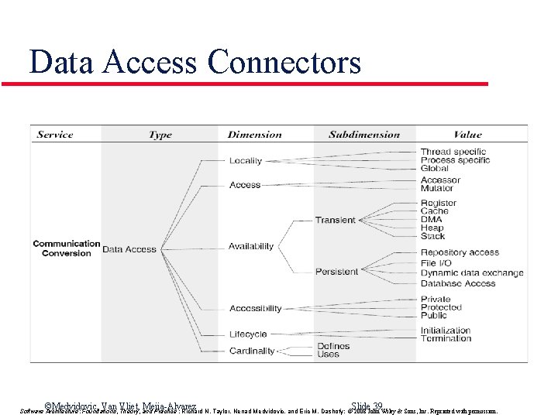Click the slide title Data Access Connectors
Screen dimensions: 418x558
[x=195, y=62]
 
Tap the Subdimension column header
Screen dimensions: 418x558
[x=364, y=135]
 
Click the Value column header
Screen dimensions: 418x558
[x=467, y=135]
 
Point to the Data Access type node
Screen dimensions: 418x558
[x=129, y=249]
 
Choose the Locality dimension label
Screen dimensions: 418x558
[x=246, y=161]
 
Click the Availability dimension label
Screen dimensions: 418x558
[x=251, y=246]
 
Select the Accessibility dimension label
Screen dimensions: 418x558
[x=256, y=308]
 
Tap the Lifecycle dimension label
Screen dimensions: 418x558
[x=248, y=334]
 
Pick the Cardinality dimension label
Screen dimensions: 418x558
[x=252, y=351]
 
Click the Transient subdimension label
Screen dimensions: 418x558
[x=335, y=220]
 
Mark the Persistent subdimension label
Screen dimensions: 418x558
[x=336, y=272]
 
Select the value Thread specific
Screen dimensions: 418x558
[x=453, y=152]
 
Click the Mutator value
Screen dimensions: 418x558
[x=437, y=188]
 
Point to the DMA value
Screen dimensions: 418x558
[x=432, y=220]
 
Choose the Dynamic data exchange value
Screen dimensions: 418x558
[x=472, y=272]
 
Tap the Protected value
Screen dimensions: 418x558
[x=441, y=307]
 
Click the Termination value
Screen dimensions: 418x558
[x=446, y=338]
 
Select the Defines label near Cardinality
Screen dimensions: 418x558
[x=334, y=346]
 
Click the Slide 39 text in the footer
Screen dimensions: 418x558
[x=367, y=406]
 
